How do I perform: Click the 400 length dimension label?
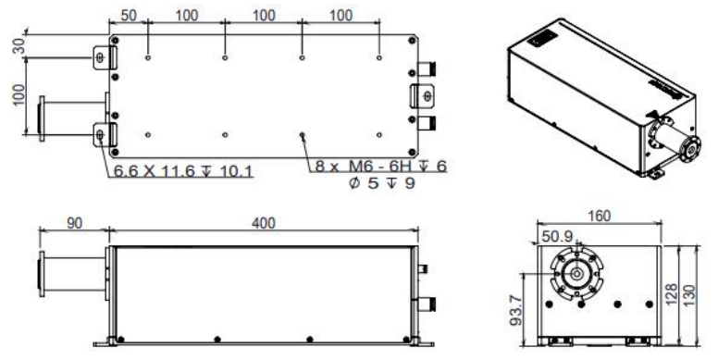pyautogui.click(x=264, y=223)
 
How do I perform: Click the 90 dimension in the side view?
pyautogui.click(x=75, y=223)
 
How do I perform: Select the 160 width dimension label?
pyautogui.click(x=599, y=216)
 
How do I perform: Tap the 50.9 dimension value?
pyautogui.click(x=557, y=236)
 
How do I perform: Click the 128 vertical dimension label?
pyautogui.click(x=671, y=295)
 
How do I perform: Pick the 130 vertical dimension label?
pyautogui.click(x=688, y=296)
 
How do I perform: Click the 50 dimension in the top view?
pyautogui.click(x=129, y=15)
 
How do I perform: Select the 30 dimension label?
pyautogui.click(x=19, y=46)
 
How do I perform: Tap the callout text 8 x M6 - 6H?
pyautogui.click(x=365, y=167)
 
